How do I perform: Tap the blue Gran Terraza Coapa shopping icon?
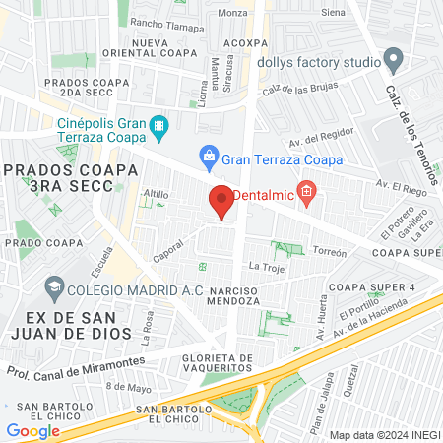tap(209, 155)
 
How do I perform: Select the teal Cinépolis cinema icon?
tap(159, 128)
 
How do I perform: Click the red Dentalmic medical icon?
tap(307, 191)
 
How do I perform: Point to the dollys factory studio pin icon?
tap(394, 62)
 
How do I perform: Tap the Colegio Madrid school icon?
tap(55, 286)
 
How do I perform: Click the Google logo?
tap(32, 430)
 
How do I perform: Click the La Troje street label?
tap(266, 267)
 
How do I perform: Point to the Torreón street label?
tap(331, 253)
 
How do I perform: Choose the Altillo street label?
tap(156, 194)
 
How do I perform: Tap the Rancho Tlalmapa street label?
tap(164, 26)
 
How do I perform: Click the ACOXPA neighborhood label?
tap(245, 43)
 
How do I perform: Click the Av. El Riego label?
tap(400, 184)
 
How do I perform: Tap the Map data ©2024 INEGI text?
tap(383, 434)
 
